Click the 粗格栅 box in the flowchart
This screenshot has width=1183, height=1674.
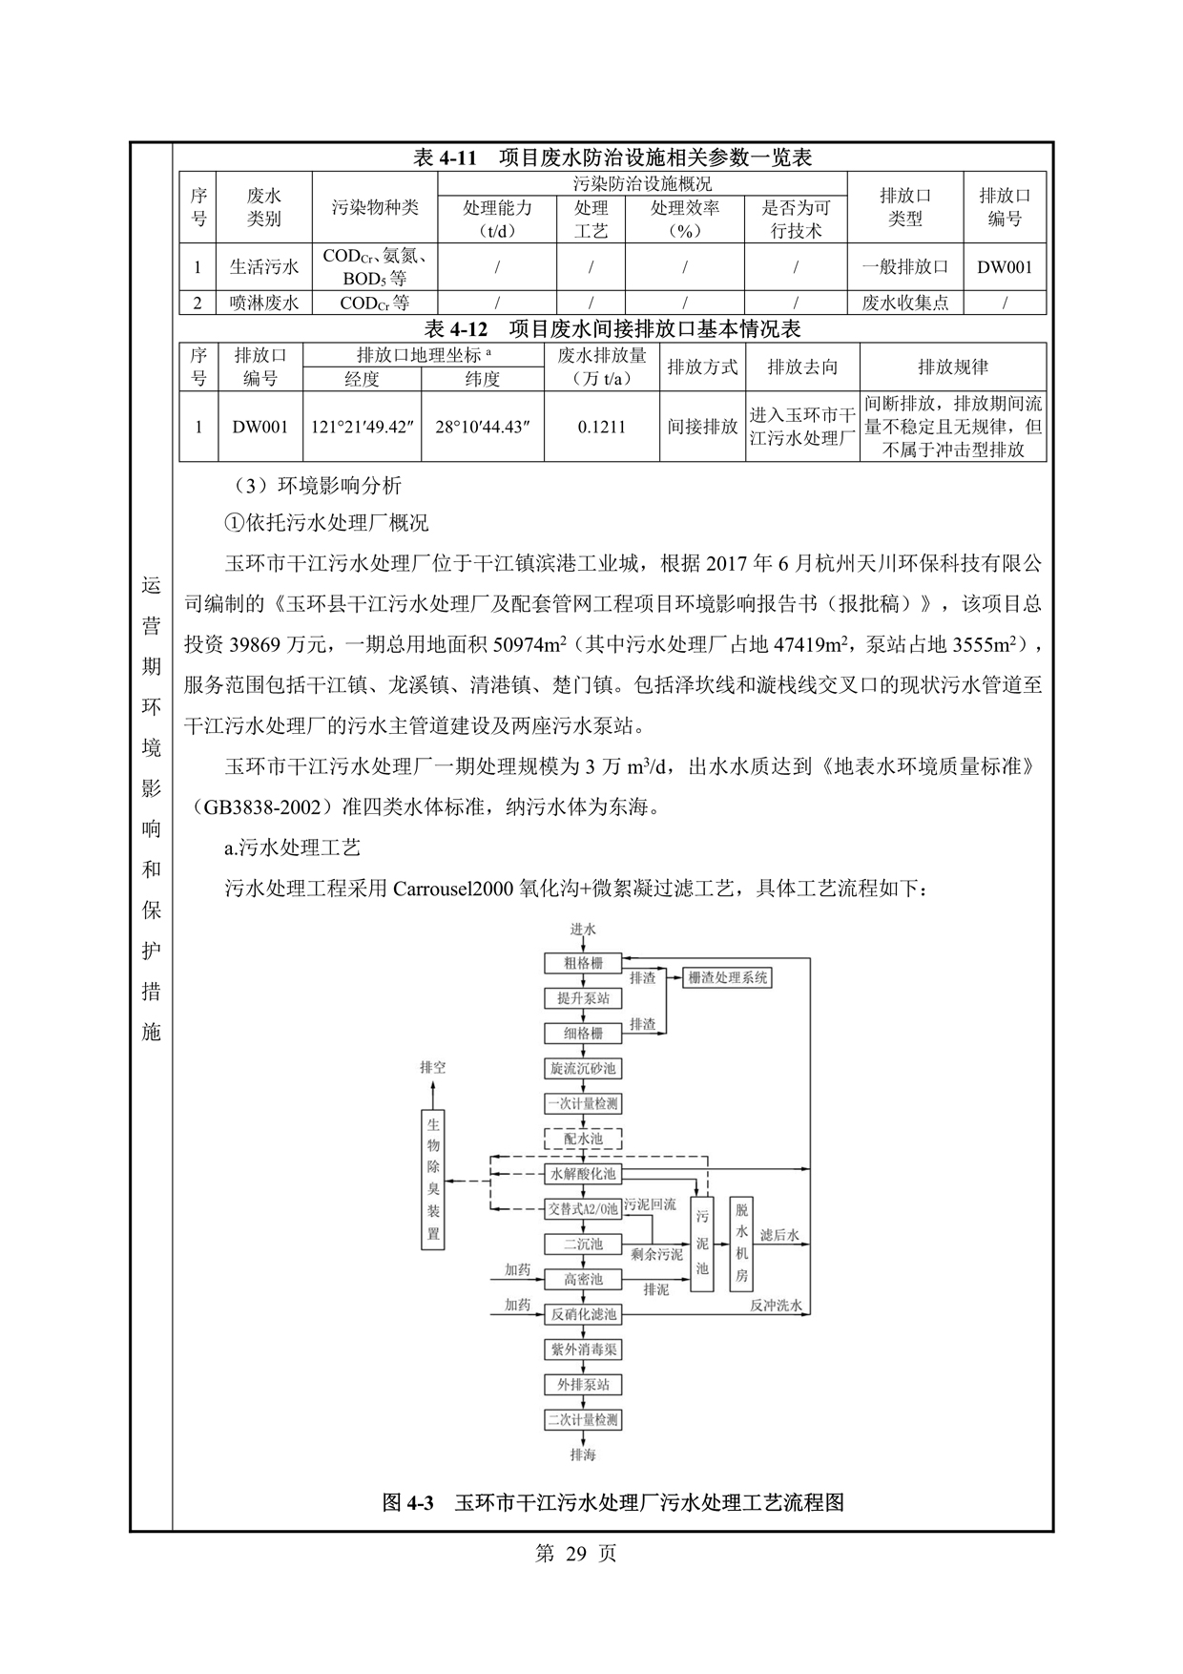(x=583, y=963)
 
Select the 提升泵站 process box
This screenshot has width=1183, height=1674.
(x=583, y=998)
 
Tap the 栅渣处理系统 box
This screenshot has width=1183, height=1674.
(x=728, y=977)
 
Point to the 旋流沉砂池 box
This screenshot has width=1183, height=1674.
(x=583, y=1069)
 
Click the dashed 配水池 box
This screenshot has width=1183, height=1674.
(x=583, y=1139)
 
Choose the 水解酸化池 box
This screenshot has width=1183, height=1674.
(x=583, y=1174)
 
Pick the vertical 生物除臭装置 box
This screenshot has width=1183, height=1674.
(x=434, y=1180)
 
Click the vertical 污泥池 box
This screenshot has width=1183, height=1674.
(x=702, y=1243)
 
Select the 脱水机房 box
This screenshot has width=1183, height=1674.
(x=741, y=1243)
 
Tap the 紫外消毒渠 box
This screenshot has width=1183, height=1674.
(x=583, y=1350)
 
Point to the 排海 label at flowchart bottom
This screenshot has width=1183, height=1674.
(x=583, y=1454)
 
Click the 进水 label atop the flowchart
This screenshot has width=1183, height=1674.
(x=583, y=929)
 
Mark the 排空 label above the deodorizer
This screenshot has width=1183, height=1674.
(x=433, y=1067)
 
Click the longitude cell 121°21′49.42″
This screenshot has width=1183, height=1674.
(x=362, y=427)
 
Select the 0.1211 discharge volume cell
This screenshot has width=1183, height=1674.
(x=602, y=427)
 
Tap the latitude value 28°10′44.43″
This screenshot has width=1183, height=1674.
(x=483, y=427)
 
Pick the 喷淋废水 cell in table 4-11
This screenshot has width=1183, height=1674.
(x=264, y=303)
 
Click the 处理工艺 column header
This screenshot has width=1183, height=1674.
(x=591, y=219)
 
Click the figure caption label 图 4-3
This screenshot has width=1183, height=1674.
(x=408, y=1503)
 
